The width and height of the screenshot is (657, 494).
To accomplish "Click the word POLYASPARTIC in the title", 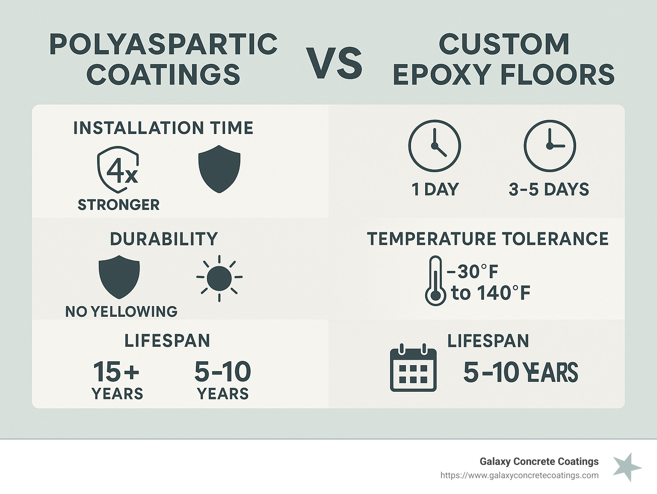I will (x=164, y=44).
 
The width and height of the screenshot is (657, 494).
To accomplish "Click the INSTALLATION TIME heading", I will (x=163, y=128).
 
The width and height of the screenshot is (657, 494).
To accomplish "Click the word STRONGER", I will (x=118, y=205).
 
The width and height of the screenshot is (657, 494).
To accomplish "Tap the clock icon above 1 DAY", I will (x=435, y=146).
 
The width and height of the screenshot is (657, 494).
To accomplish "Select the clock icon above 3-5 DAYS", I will (x=550, y=146).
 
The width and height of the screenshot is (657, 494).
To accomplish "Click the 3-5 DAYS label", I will (x=549, y=189).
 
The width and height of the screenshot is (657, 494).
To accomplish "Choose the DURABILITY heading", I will (x=164, y=239).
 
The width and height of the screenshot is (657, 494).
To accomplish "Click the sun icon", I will (x=219, y=278).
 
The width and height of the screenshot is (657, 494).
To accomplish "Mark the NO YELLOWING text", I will (x=121, y=311).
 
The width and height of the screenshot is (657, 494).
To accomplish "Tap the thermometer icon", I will (x=435, y=281).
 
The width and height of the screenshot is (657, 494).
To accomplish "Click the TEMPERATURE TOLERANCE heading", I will (x=488, y=239).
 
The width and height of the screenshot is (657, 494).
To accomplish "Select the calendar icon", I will (x=413, y=368).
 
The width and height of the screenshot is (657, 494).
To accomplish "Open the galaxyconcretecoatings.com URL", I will (x=519, y=475).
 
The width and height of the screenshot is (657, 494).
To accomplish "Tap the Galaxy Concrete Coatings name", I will (x=539, y=461).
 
